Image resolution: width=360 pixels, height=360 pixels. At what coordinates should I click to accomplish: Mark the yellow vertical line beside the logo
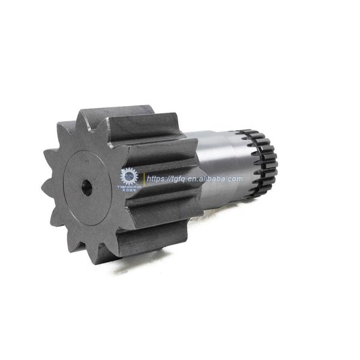click(x=143, y=179)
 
